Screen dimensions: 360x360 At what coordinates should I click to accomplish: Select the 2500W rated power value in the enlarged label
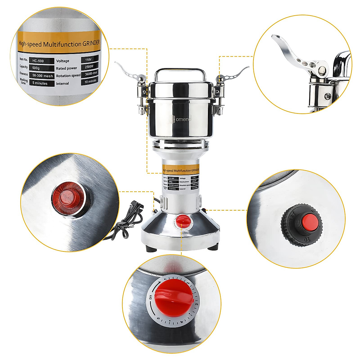coord(89,67)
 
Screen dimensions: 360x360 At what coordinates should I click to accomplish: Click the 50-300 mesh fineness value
coord(42,76)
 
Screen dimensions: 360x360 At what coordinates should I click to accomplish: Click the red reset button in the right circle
coord(307,222)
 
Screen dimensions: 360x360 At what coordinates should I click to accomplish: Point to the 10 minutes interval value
coord(90,81)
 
